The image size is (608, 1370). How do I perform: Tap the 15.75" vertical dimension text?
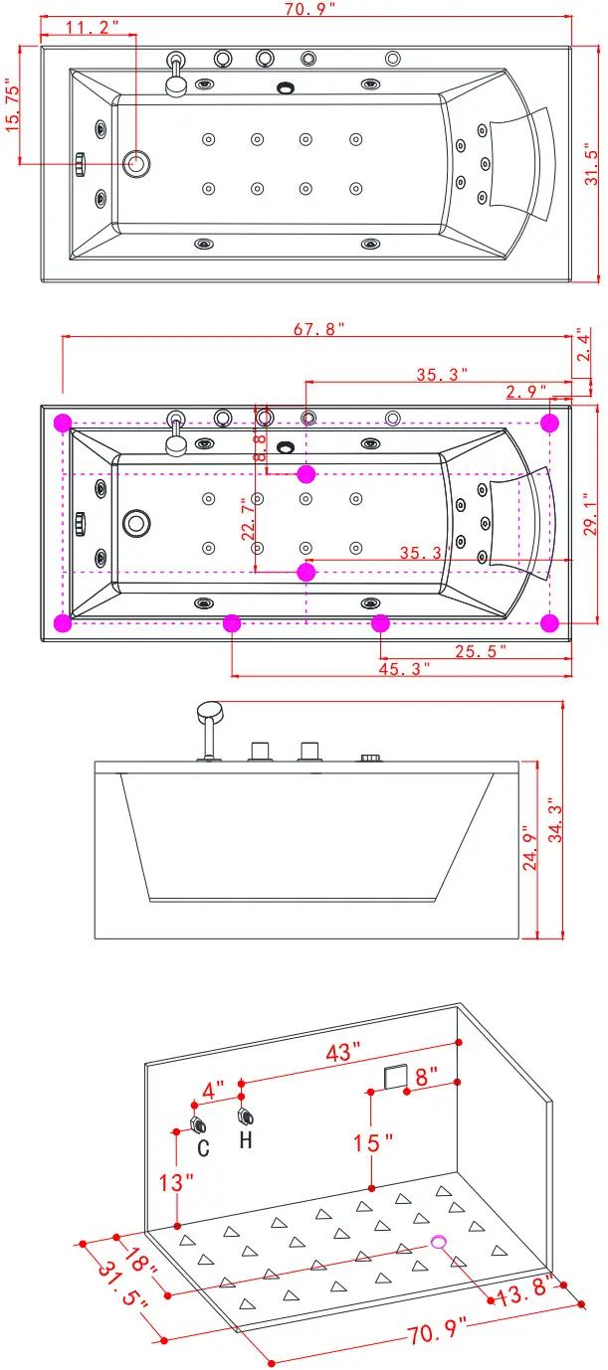pos(13,108)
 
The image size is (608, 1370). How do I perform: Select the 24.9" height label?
pos(530,845)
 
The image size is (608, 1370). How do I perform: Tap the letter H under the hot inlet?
pos(245,1139)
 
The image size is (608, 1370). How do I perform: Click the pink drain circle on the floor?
pos(439,1241)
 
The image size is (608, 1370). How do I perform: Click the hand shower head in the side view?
pos(210,711)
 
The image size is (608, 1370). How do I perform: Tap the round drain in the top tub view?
pos(135,163)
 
